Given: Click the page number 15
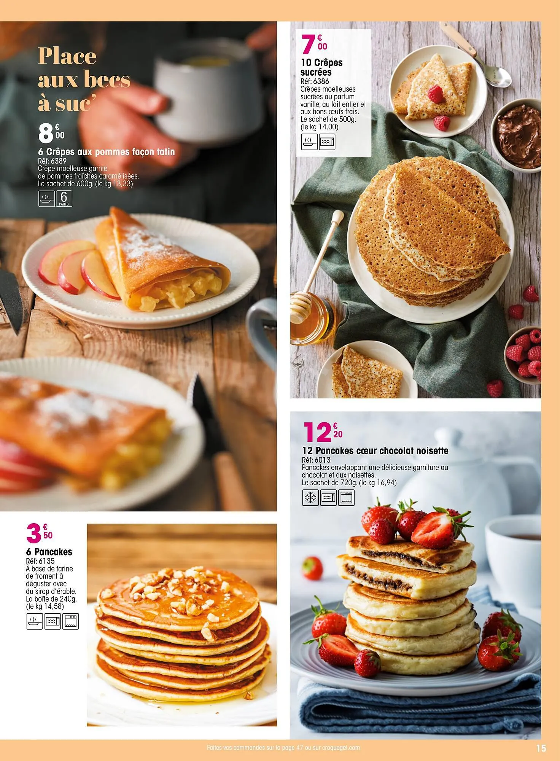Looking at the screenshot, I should click(541, 748).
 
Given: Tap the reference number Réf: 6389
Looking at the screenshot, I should click(52, 161).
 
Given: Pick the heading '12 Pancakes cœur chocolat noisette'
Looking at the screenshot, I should click(375, 451).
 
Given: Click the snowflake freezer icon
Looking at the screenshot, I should click(310, 498).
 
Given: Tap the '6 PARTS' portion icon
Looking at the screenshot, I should click(64, 199).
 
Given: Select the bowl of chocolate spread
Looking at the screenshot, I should click(519, 135).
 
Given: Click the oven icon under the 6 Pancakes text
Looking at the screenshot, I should click(70, 621).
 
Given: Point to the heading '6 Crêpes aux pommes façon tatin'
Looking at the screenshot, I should click(106, 152).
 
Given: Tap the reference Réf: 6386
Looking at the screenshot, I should click(315, 81).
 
